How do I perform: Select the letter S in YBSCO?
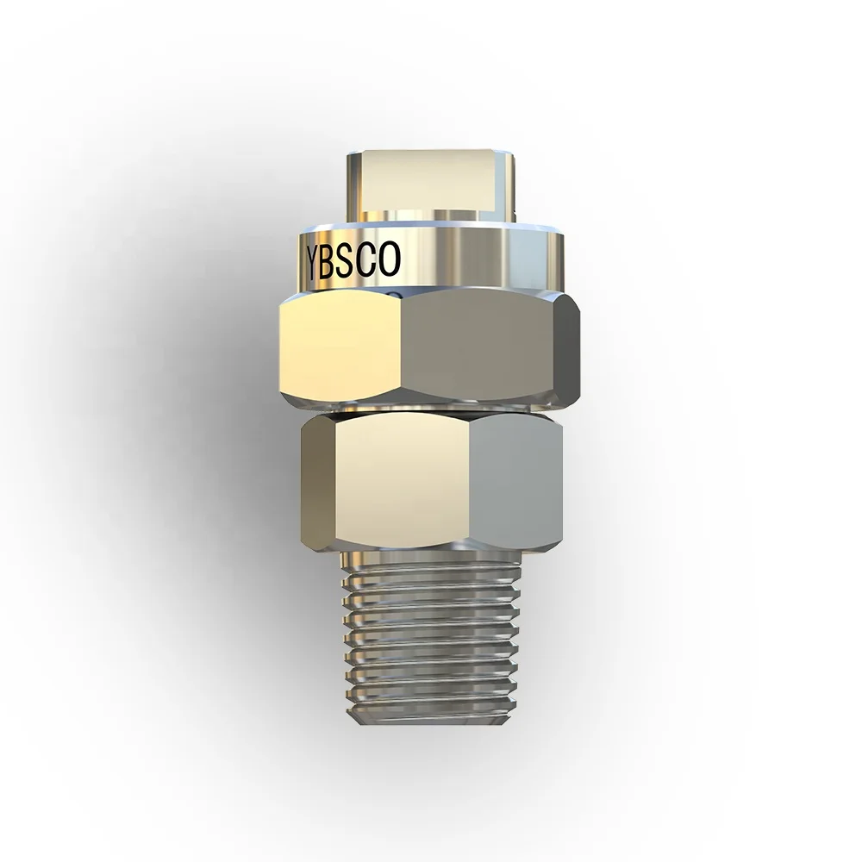coord(353,261)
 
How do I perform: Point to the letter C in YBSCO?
coord(371,261)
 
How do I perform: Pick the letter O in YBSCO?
coord(390,261)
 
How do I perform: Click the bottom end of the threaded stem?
coord(431,720)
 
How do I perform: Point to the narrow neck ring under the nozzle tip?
coord(431,215)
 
